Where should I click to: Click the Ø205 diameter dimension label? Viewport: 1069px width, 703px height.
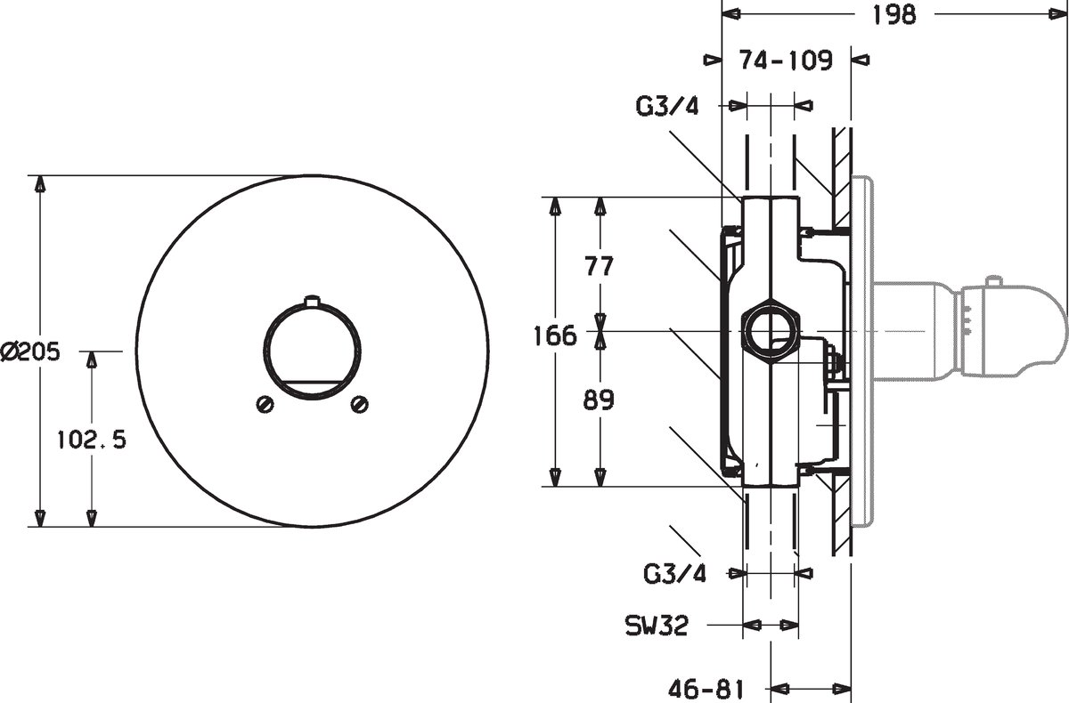(x=30, y=351)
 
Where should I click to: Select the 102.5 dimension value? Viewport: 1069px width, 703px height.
(x=92, y=439)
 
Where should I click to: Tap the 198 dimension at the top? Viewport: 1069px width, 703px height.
(x=894, y=15)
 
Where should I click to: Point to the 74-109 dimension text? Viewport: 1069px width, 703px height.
(x=786, y=60)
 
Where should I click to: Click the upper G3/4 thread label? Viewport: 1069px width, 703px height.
(x=666, y=106)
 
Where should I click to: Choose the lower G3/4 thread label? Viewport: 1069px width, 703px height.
(x=674, y=574)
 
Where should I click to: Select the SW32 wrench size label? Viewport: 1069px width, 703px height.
(x=657, y=626)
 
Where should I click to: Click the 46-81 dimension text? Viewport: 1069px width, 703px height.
(x=706, y=689)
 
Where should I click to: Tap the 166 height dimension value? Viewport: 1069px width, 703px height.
(x=554, y=335)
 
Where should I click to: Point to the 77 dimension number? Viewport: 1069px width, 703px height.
(x=600, y=266)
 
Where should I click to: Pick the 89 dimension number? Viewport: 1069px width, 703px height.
(x=599, y=400)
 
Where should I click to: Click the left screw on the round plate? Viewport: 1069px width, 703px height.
(x=265, y=404)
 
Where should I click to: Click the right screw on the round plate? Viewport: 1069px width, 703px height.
(x=359, y=404)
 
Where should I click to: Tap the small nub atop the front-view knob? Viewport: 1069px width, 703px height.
(x=312, y=300)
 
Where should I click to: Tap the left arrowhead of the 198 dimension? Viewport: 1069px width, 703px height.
(x=731, y=14)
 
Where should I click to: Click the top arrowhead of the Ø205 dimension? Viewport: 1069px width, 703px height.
(x=41, y=184)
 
